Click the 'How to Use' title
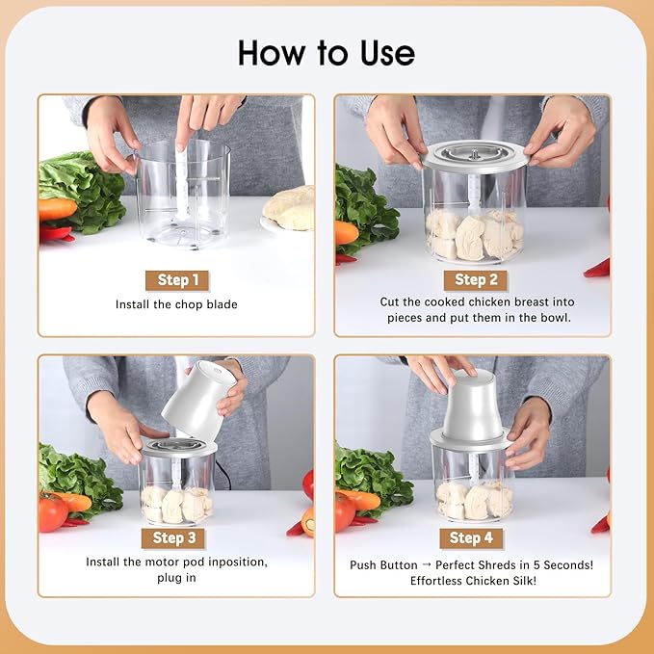point(327,52)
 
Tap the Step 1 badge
point(176,280)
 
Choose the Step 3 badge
point(174,537)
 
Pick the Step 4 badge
point(470,537)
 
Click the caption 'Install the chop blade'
point(176,305)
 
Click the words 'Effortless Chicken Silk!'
point(472,581)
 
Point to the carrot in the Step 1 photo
point(56,209)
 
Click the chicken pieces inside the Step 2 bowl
point(474,234)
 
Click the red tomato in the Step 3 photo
point(52,511)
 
